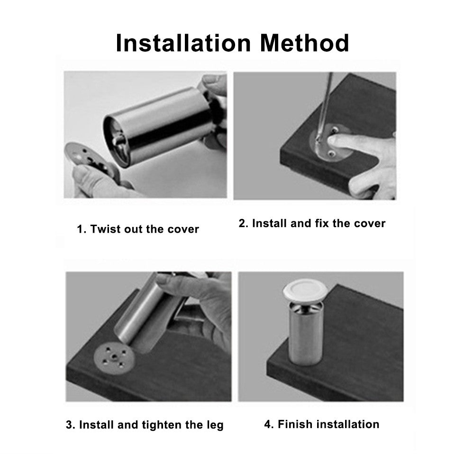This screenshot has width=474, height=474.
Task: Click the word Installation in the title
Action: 183,43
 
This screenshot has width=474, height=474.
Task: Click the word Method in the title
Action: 305,43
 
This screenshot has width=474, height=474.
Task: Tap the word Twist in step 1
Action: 106,229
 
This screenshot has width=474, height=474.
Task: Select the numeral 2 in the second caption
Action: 242,223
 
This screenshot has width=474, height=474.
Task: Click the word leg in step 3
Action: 215,425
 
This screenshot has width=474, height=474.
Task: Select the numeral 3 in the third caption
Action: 69,425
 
